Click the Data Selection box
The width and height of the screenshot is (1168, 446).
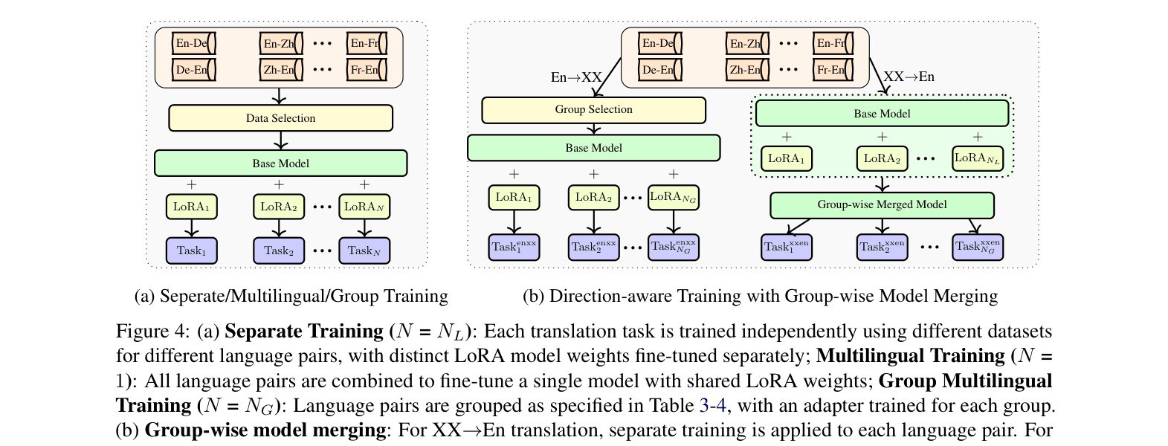click(x=280, y=118)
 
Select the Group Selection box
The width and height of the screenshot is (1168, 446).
click(x=593, y=110)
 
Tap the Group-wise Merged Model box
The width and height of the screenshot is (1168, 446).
click(x=882, y=205)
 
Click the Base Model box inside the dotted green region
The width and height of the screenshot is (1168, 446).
click(x=882, y=114)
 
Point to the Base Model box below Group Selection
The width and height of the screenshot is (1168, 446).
click(x=593, y=148)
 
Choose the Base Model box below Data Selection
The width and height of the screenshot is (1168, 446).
click(x=280, y=164)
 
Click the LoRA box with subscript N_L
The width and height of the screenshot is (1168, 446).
click(x=978, y=158)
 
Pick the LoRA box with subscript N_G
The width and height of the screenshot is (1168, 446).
click(x=673, y=197)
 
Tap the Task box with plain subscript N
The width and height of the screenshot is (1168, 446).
click(x=364, y=251)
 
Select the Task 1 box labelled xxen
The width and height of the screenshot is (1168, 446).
click(x=787, y=247)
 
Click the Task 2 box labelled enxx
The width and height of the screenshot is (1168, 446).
click(x=593, y=247)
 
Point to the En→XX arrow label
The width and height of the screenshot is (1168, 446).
click(x=576, y=77)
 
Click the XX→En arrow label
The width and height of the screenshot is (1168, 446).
click(x=909, y=77)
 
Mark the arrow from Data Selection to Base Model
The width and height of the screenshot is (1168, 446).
click(x=280, y=140)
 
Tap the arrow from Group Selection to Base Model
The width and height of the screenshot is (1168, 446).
click(x=593, y=129)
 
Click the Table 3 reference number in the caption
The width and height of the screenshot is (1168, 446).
click(x=704, y=406)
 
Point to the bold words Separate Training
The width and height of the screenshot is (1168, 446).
click(x=303, y=332)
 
